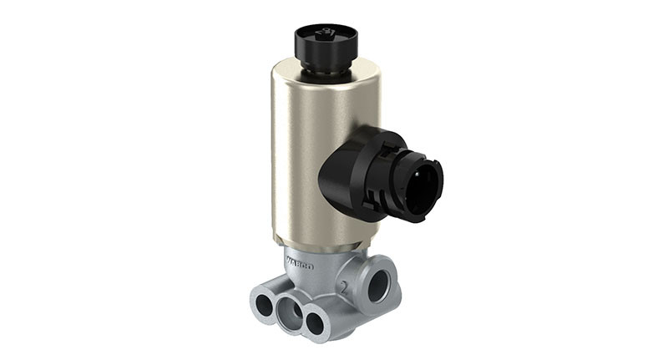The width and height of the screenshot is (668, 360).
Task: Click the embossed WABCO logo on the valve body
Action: click(300, 266)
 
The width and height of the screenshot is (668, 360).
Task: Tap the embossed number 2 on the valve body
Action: click(344, 286)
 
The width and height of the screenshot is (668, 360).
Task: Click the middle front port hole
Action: click(291, 313)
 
